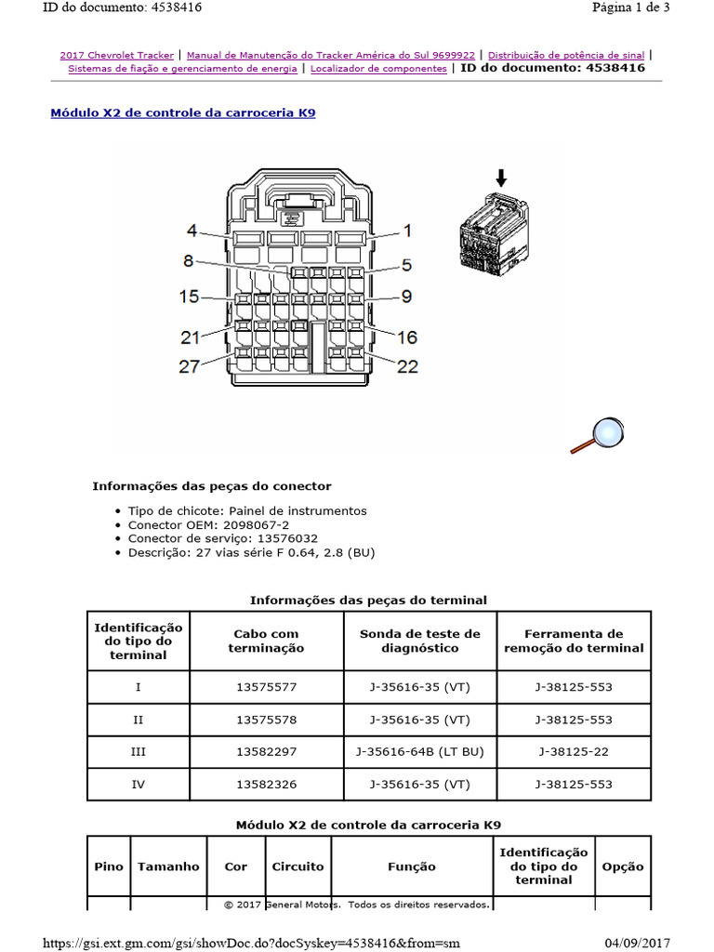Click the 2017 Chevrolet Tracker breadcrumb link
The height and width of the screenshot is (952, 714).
pos(116,56)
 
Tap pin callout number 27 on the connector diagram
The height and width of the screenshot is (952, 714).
pos(190,365)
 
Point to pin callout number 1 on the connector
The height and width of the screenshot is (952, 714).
pos(406,231)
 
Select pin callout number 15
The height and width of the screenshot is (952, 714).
pos(190,297)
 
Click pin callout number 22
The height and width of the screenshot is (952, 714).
pos(407,366)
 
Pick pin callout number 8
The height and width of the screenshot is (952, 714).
pos(188,261)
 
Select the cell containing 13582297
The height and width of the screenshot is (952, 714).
pos(267,751)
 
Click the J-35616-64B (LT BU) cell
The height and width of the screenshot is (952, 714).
pos(420,751)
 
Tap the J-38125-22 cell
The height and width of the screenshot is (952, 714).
pos(574,751)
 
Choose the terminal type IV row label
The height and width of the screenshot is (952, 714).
pos(139,784)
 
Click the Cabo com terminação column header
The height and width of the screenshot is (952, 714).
pos(267,641)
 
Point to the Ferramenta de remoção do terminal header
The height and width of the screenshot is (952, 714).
pos(574,641)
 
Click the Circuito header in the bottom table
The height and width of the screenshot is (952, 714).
pos(297,866)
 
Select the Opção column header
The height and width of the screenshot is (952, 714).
pos(623,866)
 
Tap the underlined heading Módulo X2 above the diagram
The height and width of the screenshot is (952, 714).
pos(182,112)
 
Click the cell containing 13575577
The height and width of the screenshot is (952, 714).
pos(267,688)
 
